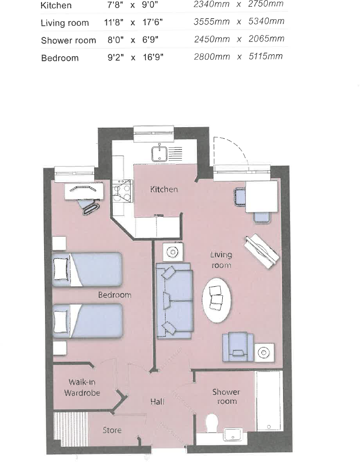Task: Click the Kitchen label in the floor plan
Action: coord(164,189)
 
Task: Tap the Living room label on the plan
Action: coord(221,260)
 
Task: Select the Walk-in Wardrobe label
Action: coord(82,388)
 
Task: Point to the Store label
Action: coord(112,430)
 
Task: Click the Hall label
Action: coord(157,402)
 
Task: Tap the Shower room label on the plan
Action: coord(226,396)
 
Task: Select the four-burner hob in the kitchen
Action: coord(122,191)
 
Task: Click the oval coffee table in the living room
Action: coord(217,299)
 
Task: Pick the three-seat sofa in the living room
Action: coord(174,301)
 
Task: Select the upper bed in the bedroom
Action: coord(87,269)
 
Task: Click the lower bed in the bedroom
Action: coord(87,321)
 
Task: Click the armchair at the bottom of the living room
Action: coord(238,346)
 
